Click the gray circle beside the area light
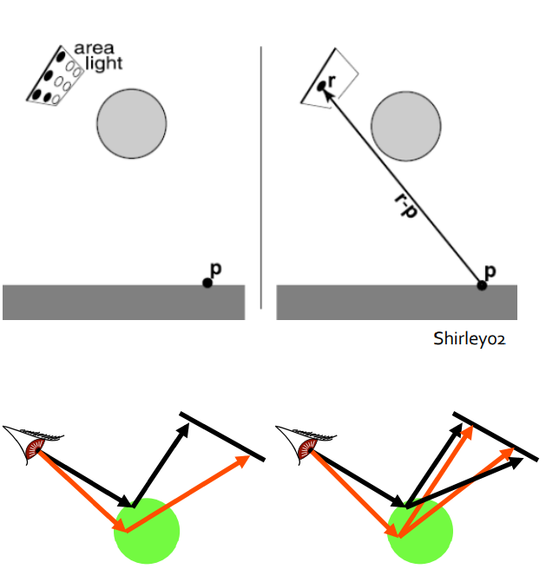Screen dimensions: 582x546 coord(131,122)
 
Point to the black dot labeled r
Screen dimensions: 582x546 coord(321,86)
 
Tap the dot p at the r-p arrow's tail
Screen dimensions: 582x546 coord(483,284)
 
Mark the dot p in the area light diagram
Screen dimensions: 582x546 coord(207,283)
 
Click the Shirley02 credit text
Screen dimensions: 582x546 coord(469,338)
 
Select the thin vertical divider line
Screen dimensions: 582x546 coord(261,178)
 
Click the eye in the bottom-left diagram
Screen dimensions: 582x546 coord(35,448)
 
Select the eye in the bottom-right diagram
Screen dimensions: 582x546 coord(306,448)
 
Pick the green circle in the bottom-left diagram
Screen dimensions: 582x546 coord(147,529)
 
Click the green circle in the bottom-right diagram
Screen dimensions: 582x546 coord(419,529)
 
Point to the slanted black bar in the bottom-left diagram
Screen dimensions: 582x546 coord(222,438)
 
